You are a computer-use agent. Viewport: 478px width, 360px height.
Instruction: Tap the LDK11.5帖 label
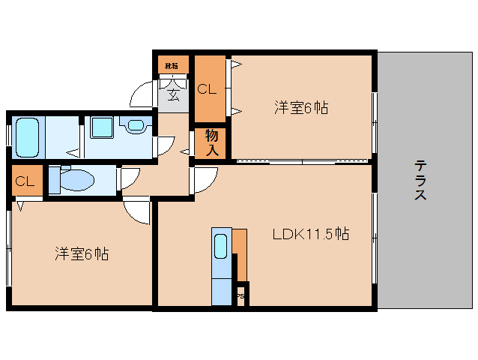(x=309, y=234)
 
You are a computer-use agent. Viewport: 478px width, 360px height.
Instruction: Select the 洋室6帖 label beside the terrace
(x=300, y=108)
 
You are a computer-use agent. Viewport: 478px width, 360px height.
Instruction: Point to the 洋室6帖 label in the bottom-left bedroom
(x=82, y=253)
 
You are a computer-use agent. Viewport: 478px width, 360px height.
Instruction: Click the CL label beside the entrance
(x=207, y=89)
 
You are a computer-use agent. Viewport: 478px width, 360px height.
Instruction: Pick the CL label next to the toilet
(x=25, y=181)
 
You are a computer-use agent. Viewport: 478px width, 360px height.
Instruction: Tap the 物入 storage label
(x=212, y=142)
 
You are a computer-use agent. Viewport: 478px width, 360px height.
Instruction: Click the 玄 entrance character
(x=173, y=94)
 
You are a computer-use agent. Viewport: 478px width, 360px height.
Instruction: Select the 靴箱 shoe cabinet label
(x=172, y=66)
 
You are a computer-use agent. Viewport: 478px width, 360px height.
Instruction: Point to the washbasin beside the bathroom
(x=135, y=125)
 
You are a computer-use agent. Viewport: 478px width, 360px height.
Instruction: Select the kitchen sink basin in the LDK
(x=221, y=245)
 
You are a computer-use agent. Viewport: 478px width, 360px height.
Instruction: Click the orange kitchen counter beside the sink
(x=239, y=251)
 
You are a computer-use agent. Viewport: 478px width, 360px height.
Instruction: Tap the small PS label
(x=240, y=295)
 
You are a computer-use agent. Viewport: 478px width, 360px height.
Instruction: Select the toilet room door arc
(x=128, y=178)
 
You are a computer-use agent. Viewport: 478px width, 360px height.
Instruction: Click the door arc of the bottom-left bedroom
(x=138, y=212)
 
